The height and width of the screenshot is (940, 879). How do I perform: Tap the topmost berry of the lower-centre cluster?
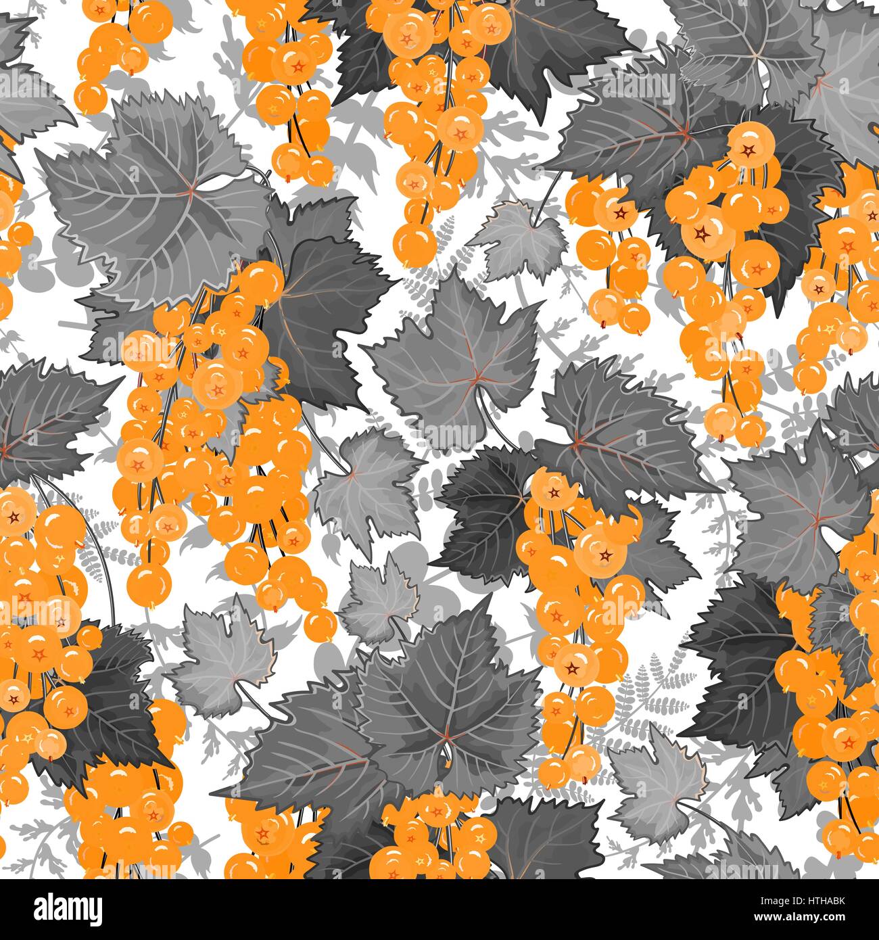point(551,484)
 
